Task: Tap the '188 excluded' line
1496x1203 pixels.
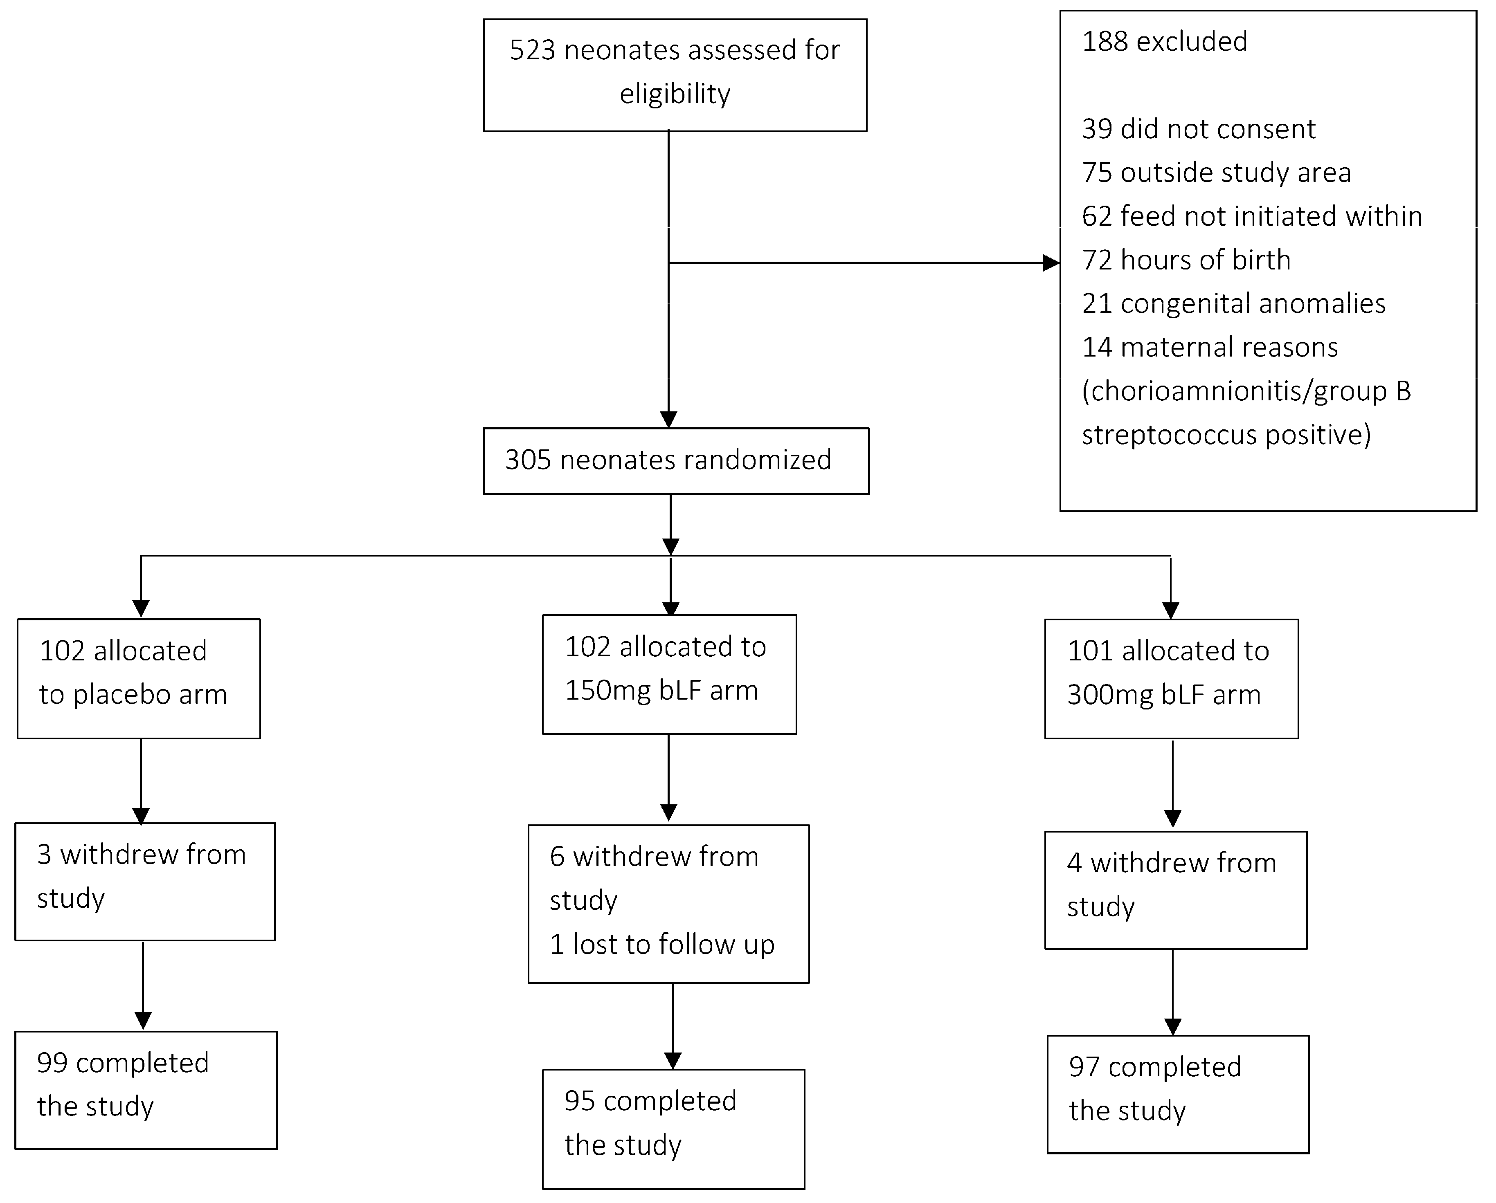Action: point(1164,42)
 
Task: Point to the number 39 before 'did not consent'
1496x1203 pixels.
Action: point(1096,129)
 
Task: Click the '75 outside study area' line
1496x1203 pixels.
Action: point(1216,173)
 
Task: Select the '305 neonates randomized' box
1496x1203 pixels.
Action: point(675,461)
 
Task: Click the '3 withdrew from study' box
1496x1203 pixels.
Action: point(144,881)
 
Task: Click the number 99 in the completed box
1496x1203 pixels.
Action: point(52,1063)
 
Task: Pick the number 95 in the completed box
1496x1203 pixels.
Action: point(579,1101)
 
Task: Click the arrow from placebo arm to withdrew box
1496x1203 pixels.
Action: point(141,781)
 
